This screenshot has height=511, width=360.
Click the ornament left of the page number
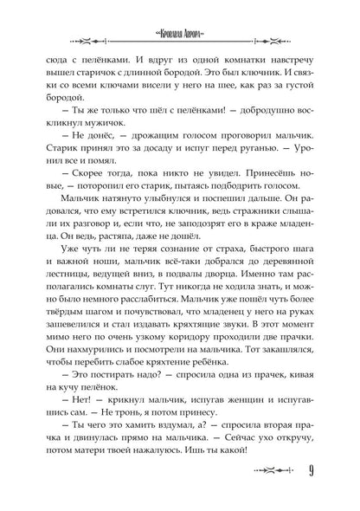267,495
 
